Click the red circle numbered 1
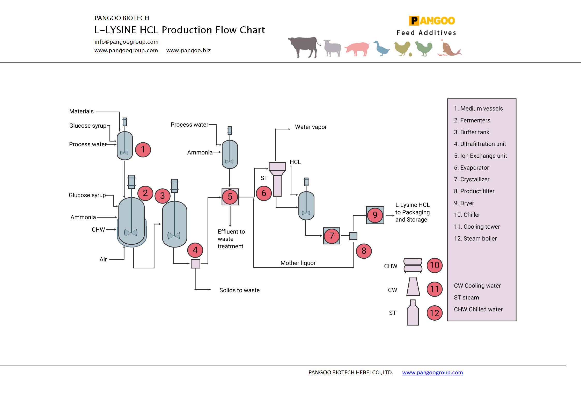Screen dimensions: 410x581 (143, 150)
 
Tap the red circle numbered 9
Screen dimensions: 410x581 (375, 215)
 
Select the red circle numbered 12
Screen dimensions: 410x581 (435, 313)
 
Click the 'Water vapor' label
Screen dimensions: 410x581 (311, 127)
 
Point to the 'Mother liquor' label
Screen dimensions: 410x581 (298, 263)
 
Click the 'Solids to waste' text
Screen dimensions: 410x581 (239, 290)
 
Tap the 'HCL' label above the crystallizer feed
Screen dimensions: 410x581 (295, 162)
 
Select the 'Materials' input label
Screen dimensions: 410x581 (81, 111)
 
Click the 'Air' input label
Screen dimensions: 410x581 (103, 259)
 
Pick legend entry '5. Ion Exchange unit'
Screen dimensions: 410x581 (480, 156)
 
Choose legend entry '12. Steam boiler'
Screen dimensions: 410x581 (475, 238)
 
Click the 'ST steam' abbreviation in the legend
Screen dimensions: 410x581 (466, 297)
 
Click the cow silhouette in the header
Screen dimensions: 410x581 (304, 47)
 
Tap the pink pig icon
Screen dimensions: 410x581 (357, 48)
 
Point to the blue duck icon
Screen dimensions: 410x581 (381, 48)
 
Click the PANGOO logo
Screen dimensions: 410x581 (432, 21)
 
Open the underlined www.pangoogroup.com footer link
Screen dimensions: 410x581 (432, 373)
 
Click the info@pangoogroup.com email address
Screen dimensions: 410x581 (126, 42)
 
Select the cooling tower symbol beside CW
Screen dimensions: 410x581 (413, 287)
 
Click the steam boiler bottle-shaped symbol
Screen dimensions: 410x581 (413, 313)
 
